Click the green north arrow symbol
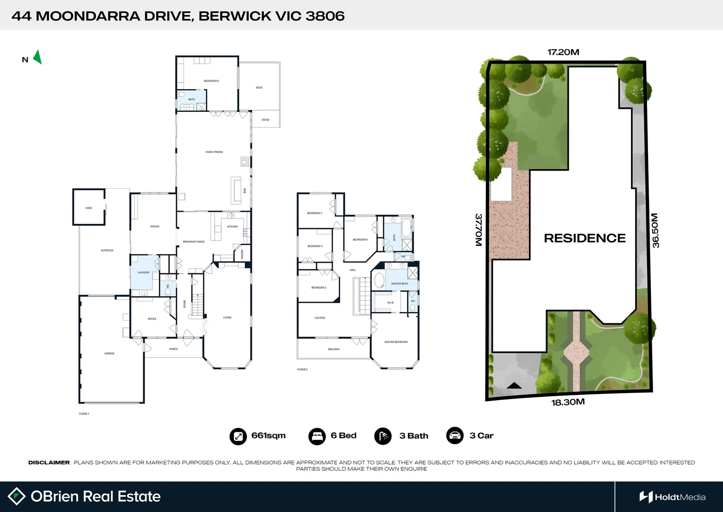37,57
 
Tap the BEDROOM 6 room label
211,81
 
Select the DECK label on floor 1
259,88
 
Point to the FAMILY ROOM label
214,152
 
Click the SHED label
89,208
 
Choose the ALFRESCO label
107,250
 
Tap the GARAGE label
109,354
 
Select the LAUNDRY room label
143,273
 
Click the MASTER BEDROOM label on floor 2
396,342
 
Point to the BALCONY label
334,349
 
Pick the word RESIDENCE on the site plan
584,238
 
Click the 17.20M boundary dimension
563,52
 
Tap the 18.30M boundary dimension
568,402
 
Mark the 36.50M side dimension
655,230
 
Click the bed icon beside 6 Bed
317,436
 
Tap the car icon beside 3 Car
455,436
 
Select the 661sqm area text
269,436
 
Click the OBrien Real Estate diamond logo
17,496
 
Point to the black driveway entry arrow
514,385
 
